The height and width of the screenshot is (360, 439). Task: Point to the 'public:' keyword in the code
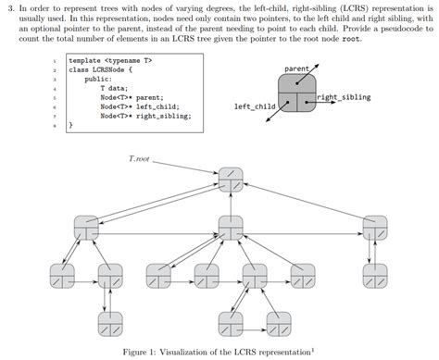coord(98,80)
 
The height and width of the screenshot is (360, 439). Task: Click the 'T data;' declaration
coord(115,89)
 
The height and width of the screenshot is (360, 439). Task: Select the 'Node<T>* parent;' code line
coord(131,98)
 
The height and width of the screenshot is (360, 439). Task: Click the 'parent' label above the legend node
coord(296,69)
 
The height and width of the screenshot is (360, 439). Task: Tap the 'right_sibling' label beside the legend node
coord(344,97)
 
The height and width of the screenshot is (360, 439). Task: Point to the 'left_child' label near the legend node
coord(254,107)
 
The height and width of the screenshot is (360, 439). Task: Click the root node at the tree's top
coord(232,176)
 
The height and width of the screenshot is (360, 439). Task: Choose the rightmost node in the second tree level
coord(375,225)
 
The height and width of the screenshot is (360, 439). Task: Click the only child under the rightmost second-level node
coord(375,275)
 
